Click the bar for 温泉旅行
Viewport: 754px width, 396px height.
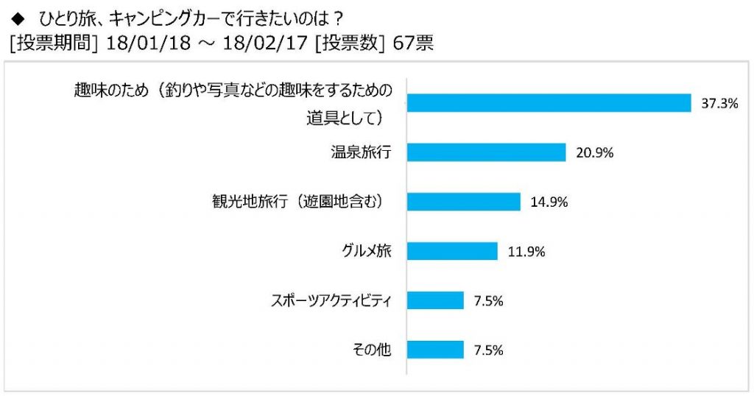[x=486, y=152]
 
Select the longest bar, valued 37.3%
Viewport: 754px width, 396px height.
[x=549, y=103]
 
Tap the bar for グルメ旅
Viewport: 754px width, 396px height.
[x=452, y=251]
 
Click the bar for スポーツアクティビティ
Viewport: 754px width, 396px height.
[x=435, y=300]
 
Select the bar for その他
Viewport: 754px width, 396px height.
[x=435, y=350]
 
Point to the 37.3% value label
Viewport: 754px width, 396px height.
[x=719, y=104]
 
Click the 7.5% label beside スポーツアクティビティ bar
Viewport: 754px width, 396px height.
[x=488, y=301]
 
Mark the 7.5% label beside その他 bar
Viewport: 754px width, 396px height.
[x=488, y=350]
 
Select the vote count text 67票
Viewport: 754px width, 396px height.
[x=414, y=43]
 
